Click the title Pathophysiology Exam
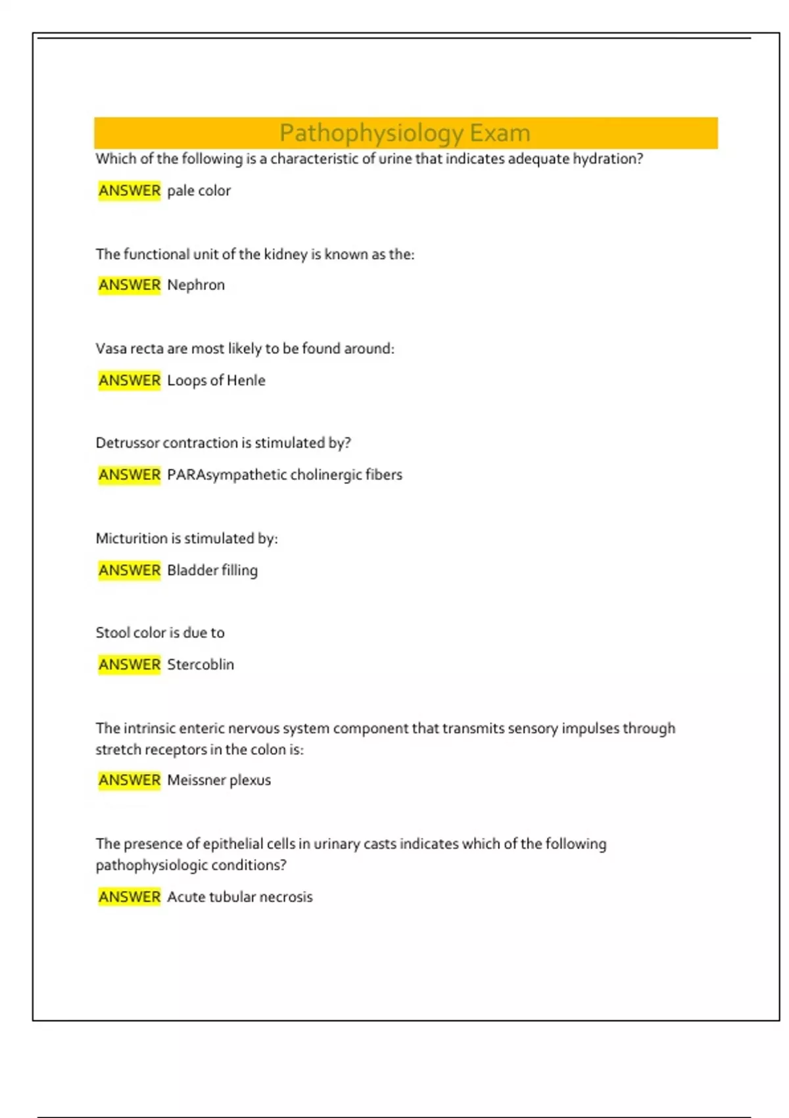tap(404, 133)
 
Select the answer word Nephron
tap(196, 285)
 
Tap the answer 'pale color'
tap(199, 191)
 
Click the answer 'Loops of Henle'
tap(216, 380)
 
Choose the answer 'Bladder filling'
tap(212, 570)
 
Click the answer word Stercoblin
tap(200, 664)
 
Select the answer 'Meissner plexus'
tap(218, 780)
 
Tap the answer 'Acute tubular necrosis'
tap(239, 896)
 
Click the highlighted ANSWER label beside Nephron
tap(130, 285)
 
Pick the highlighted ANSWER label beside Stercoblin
tap(130, 664)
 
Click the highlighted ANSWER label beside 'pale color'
tap(130, 191)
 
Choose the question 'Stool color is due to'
tap(160, 633)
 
